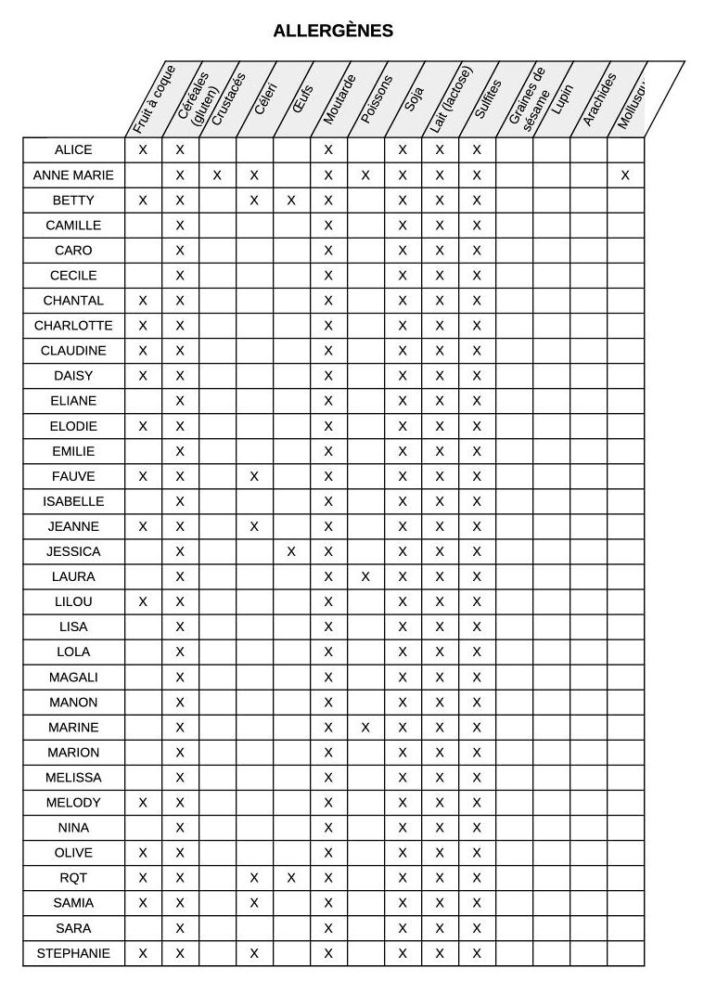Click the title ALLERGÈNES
(x=333, y=32)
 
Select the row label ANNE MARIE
(x=73, y=175)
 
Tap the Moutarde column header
(x=339, y=99)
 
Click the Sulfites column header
(x=488, y=99)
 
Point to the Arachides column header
(x=599, y=99)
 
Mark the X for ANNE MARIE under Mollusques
(x=625, y=175)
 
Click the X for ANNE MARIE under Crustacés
(x=217, y=175)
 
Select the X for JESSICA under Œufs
(x=291, y=551)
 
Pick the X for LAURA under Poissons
(x=365, y=576)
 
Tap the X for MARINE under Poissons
(x=365, y=727)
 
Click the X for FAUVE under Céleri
(x=254, y=476)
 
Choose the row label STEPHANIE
(x=73, y=953)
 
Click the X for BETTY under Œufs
(x=291, y=200)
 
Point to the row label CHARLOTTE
(x=73, y=326)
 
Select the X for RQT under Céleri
(x=254, y=878)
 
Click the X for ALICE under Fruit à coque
(x=143, y=149)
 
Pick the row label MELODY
(x=73, y=803)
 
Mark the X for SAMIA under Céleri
(x=254, y=903)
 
